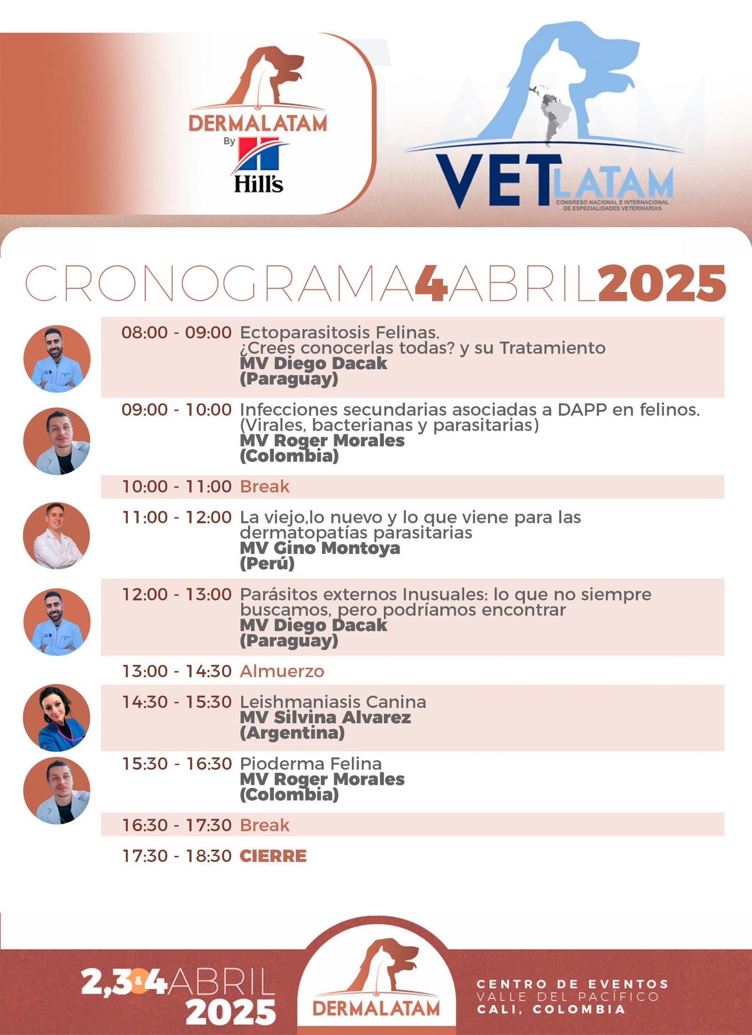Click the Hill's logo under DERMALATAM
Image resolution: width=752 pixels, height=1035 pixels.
pyautogui.click(x=259, y=165)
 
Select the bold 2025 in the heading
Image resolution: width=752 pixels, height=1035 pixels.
pyautogui.click(x=662, y=283)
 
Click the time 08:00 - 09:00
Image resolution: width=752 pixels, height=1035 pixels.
pyautogui.click(x=177, y=332)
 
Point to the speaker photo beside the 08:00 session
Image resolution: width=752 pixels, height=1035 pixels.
pyautogui.click(x=57, y=359)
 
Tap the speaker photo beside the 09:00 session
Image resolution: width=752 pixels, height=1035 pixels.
pyautogui.click(x=57, y=441)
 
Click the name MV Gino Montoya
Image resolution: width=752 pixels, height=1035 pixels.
pyautogui.click(x=320, y=548)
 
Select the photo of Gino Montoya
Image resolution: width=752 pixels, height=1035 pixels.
pyautogui.click(x=57, y=536)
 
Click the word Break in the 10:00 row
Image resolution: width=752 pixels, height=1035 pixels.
pyautogui.click(x=265, y=486)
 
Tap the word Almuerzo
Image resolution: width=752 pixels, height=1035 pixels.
pyautogui.click(x=282, y=671)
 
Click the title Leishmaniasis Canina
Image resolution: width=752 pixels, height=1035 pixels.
pyautogui.click(x=333, y=702)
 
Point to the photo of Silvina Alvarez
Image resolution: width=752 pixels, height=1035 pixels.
pyautogui.click(x=57, y=718)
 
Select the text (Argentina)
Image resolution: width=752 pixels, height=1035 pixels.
pyautogui.click(x=292, y=733)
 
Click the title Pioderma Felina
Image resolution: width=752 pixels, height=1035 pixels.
pyautogui.click(x=311, y=763)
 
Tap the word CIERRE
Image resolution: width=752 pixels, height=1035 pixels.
pyautogui.click(x=273, y=856)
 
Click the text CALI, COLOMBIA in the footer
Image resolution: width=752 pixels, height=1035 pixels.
pyautogui.click(x=551, y=1009)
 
